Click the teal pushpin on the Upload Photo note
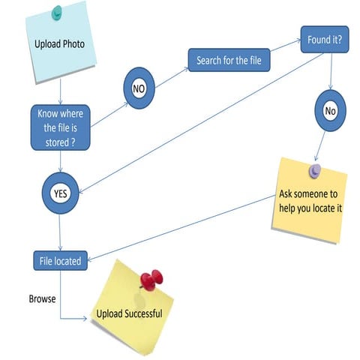coord(57,13)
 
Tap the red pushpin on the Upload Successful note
coord(151,280)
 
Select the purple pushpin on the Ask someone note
coord(315,171)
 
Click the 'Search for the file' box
coord(229,60)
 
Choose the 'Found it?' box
coord(325,40)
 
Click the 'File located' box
coord(61,261)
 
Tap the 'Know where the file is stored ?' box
coord(60,127)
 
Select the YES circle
coord(60,193)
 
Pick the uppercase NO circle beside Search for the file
coord(139,88)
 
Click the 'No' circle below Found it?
coord(330,111)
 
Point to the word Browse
coord(42,298)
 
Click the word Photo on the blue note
coord(73,44)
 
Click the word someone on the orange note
coord(310,194)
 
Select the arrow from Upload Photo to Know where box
coord(60,91)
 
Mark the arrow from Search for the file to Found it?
coord(286,45)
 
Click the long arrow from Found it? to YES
coord(201,123)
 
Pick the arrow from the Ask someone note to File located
coord(181,228)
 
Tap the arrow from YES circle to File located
coord(60,232)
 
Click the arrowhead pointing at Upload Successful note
coord(85,319)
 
